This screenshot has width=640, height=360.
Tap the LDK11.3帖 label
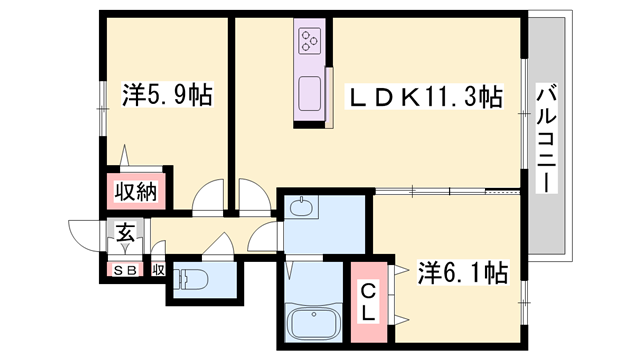pyautogui.click(x=424, y=98)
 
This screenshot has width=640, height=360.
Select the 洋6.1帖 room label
pyautogui.click(x=462, y=271)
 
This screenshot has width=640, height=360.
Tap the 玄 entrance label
pyautogui.click(x=126, y=234)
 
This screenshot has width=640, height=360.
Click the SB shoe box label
pyautogui.click(x=125, y=270)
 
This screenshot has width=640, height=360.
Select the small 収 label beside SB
pyautogui.click(x=158, y=270)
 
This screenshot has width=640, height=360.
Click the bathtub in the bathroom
pyautogui.click(x=312, y=324)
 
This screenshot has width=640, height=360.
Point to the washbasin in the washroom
pyautogui.click(x=301, y=209)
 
